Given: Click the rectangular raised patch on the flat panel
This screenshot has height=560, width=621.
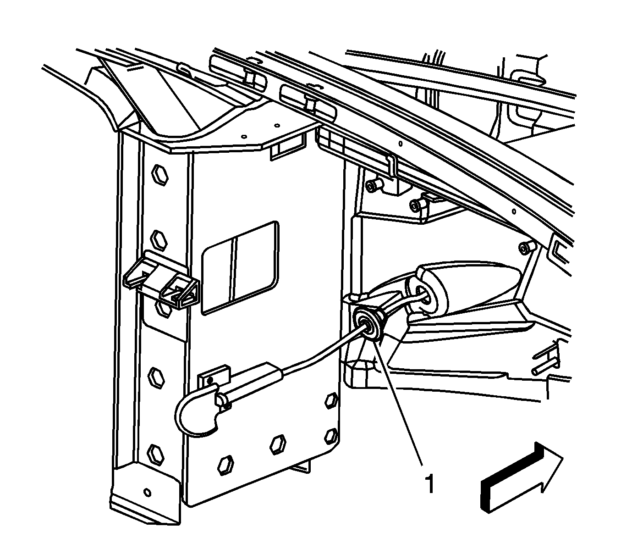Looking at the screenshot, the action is click(x=240, y=268).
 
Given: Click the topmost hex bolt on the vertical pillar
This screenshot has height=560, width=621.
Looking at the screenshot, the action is click(x=160, y=175).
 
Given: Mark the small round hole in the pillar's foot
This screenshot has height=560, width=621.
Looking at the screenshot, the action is click(x=148, y=493).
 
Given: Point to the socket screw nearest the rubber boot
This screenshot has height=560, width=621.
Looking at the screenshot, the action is click(x=526, y=249).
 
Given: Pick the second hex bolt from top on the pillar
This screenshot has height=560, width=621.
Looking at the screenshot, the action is click(x=159, y=240).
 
